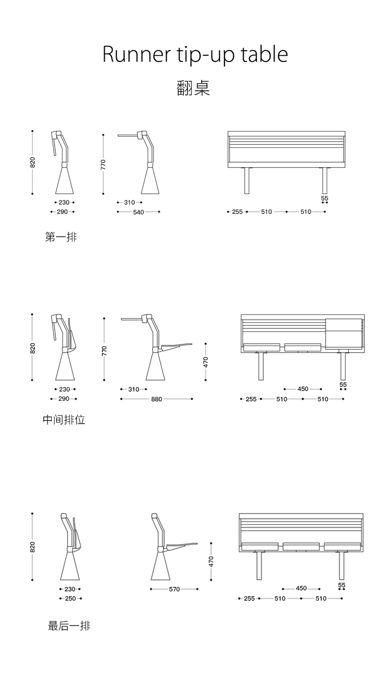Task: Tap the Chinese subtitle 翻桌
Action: [x=193, y=88]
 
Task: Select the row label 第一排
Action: [x=61, y=237]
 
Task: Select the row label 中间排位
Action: [x=63, y=420]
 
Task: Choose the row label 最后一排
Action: [x=69, y=626]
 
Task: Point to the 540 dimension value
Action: [x=138, y=212]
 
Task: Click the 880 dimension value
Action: [x=156, y=399]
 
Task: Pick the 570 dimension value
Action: [x=174, y=589]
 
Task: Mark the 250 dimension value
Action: [x=70, y=599]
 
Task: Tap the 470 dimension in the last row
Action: [x=211, y=561]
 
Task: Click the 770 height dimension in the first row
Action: [x=103, y=165]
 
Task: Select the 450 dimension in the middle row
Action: [x=303, y=389]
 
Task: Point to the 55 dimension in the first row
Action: [x=325, y=198]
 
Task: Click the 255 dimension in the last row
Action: [x=249, y=599]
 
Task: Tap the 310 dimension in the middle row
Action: [x=134, y=389]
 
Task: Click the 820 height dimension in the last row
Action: [x=32, y=547]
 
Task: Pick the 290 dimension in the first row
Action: [x=62, y=212]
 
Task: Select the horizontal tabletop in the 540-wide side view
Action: [x=127, y=136]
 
